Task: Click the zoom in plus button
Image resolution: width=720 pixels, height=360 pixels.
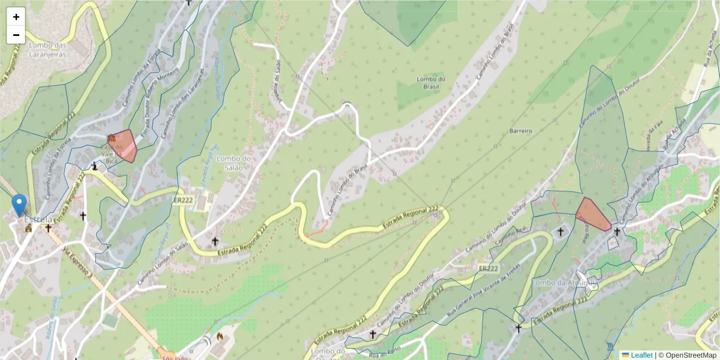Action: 16,17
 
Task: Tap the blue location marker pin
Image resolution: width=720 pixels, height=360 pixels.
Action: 20,205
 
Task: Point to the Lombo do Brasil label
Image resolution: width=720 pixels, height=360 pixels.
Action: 431,83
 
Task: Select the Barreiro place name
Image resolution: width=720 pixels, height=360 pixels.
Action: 521,130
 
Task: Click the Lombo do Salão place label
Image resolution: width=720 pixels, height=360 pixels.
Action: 230,163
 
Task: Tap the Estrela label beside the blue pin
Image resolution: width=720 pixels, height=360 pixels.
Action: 38,219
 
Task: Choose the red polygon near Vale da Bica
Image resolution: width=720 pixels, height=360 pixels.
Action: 123,145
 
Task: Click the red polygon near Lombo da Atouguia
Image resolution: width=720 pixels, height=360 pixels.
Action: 592,214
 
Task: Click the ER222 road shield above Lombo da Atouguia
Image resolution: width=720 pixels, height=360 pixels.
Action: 489,268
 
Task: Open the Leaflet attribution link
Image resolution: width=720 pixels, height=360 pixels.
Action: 641,355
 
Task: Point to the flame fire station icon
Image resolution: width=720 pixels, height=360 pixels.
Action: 220,336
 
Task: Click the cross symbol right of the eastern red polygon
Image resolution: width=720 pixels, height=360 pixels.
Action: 617,232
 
